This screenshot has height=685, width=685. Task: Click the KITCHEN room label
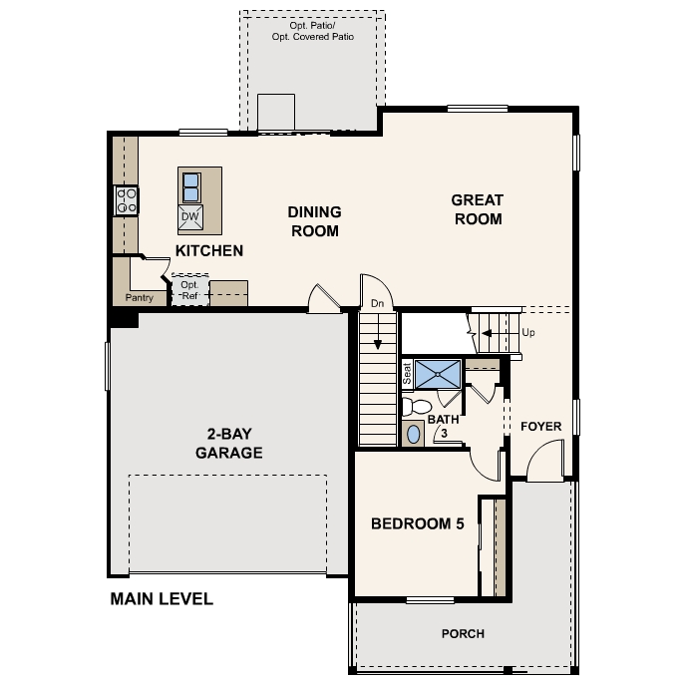click(x=209, y=250)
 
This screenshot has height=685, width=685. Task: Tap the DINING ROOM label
click(x=314, y=221)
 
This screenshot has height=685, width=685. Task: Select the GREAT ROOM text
click(x=478, y=209)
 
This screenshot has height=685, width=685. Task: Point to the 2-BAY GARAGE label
click(x=228, y=443)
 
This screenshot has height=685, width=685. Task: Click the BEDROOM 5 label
click(x=418, y=523)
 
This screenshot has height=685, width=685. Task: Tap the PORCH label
click(x=463, y=633)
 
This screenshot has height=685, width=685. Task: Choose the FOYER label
click(x=541, y=427)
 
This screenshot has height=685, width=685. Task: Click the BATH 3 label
click(x=443, y=426)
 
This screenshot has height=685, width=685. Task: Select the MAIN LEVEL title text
click(x=162, y=599)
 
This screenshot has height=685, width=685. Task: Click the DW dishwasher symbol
click(x=191, y=216)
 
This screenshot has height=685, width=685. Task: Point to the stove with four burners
click(x=127, y=200)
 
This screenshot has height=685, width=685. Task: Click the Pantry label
click(x=139, y=297)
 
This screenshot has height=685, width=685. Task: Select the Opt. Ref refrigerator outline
click(x=189, y=290)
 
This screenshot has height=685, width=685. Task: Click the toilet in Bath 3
click(x=417, y=406)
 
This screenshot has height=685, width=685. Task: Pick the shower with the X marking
click(x=438, y=374)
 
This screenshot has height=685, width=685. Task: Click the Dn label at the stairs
click(x=377, y=303)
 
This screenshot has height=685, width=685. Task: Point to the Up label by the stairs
click(x=528, y=332)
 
